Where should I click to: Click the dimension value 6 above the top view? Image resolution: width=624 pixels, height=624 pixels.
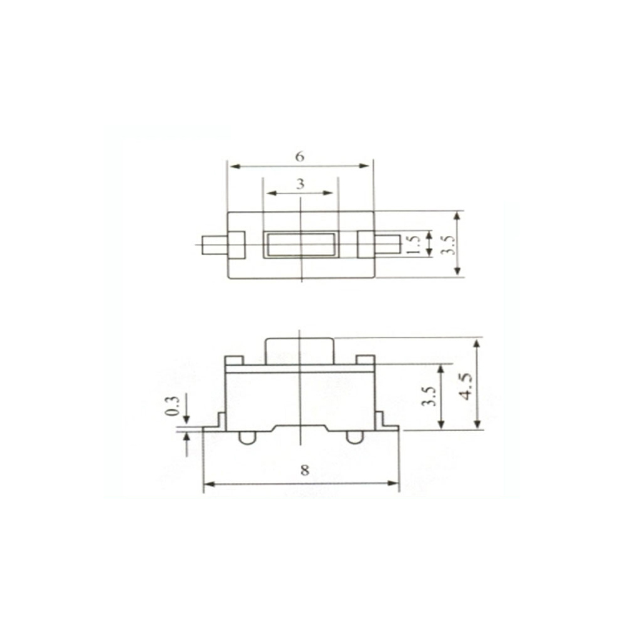pyautogui.click(x=300, y=157)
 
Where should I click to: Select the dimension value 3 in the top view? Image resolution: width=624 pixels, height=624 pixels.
pyautogui.click(x=300, y=184)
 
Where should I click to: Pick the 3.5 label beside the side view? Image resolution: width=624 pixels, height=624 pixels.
pyautogui.click(x=429, y=396)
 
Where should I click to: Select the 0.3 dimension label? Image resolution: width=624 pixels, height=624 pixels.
pyautogui.click(x=173, y=406)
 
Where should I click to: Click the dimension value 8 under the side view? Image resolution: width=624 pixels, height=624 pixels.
pyautogui.click(x=305, y=470)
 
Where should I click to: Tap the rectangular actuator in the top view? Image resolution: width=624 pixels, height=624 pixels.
pyautogui.click(x=300, y=245)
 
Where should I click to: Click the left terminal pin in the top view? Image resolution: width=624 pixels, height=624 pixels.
pyautogui.click(x=214, y=245)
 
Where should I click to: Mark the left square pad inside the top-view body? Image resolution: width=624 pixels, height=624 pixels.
pyautogui.click(x=236, y=245)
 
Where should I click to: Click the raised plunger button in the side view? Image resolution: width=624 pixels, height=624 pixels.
pyautogui.click(x=300, y=351)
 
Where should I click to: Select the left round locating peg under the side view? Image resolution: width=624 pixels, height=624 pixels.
pyautogui.click(x=247, y=437)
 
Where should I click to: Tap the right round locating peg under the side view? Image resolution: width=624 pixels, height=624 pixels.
pyautogui.click(x=354, y=437)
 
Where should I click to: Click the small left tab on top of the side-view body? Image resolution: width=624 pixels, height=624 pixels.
pyautogui.click(x=233, y=360)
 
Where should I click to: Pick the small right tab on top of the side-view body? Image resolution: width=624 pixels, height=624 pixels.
pyautogui.click(x=366, y=360)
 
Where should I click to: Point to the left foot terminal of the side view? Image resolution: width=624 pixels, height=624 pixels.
pyautogui.click(x=214, y=424)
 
